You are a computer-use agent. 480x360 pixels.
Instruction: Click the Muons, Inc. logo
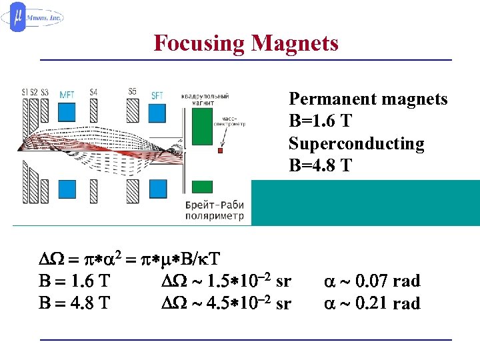pos(36,18)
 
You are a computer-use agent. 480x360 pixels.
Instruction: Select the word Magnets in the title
pos(295,43)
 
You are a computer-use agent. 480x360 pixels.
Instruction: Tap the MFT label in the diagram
pos(67,93)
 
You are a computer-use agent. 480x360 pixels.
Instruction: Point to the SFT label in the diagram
pos(157,95)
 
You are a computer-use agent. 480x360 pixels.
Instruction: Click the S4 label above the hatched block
pos(93,92)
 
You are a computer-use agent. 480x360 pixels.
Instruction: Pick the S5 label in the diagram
pos(133,91)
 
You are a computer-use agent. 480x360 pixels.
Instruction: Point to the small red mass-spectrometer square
pos(220,151)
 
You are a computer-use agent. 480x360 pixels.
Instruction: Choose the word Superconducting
pos(356,144)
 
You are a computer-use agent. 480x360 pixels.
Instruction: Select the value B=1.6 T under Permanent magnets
pos(320,122)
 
